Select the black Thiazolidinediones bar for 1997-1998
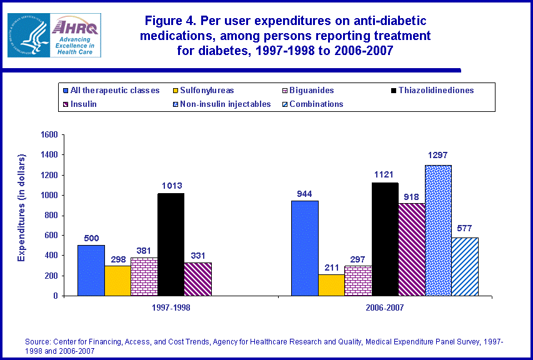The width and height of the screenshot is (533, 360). (x=171, y=244)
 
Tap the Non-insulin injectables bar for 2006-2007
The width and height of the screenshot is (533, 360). (x=438, y=230)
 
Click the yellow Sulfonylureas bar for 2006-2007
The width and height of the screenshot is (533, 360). (x=332, y=285)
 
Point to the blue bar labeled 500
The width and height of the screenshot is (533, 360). (x=91, y=270)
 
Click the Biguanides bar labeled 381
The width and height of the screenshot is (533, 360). (x=144, y=276)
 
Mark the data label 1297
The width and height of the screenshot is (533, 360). (x=438, y=156)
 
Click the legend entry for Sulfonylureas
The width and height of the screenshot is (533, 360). (x=204, y=91)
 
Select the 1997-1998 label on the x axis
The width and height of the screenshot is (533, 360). (x=171, y=308)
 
